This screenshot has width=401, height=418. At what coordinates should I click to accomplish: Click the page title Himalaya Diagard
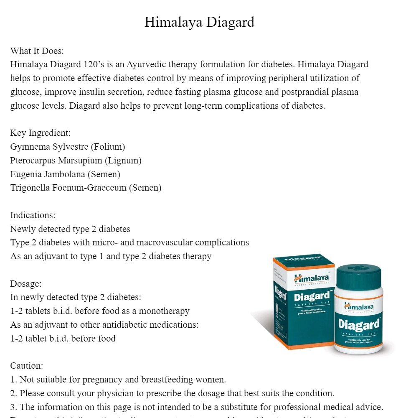click(199, 22)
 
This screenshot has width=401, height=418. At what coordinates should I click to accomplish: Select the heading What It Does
click(37, 51)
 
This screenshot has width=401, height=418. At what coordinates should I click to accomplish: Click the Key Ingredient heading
click(41, 133)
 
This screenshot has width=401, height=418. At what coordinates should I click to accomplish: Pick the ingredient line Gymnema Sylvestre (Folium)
click(68, 147)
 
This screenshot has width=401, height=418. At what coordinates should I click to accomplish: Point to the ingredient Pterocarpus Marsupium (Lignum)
click(76, 161)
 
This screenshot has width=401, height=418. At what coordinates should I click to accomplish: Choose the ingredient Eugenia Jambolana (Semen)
click(65, 174)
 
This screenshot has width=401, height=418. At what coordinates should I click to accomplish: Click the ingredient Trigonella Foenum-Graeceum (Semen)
click(86, 188)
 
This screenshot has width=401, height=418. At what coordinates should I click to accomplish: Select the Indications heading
click(33, 215)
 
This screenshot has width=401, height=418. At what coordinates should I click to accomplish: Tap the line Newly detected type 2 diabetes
click(70, 229)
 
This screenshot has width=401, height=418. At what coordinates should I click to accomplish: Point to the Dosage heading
click(26, 284)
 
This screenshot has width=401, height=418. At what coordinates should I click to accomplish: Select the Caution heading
click(27, 366)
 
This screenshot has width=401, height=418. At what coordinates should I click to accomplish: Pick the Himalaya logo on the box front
click(312, 278)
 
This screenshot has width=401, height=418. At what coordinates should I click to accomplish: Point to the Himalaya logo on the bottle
click(359, 306)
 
